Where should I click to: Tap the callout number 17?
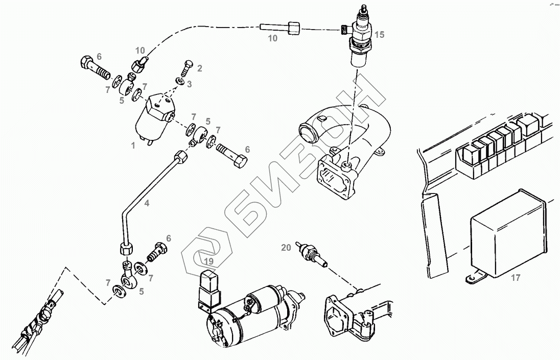point(515,278)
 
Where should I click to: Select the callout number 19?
point(207,262)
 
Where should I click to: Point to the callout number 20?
point(286,248)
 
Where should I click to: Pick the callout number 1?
point(133,146)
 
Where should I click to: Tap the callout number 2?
point(199,68)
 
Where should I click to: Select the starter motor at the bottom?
point(250,317)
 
